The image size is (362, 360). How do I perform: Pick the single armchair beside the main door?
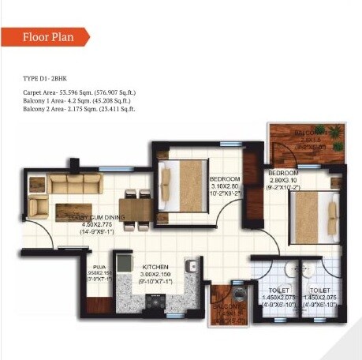tap(38, 206)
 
